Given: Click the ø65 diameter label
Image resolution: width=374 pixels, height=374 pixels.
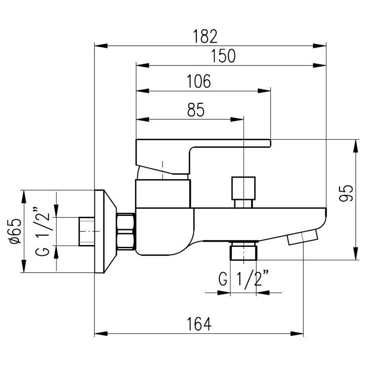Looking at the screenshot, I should coord(15,231).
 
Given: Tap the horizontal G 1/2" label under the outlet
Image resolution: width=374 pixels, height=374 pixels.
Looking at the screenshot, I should coord(243,281).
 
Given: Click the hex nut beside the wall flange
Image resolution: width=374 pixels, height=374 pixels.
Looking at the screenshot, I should coord(126,231).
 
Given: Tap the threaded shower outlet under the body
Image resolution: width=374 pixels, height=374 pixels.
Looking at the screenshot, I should coord(244,251).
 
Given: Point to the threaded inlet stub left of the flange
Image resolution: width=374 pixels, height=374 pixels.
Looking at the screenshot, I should coord(87,231).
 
